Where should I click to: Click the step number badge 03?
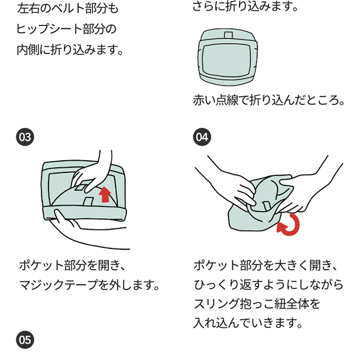point(25,137)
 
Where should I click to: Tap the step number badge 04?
point(201,137)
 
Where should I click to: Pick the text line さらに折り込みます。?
point(244,7)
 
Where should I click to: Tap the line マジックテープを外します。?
point(89,285)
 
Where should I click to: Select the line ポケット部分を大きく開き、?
point(265,265)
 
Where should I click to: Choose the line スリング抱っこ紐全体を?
point(257,304)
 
